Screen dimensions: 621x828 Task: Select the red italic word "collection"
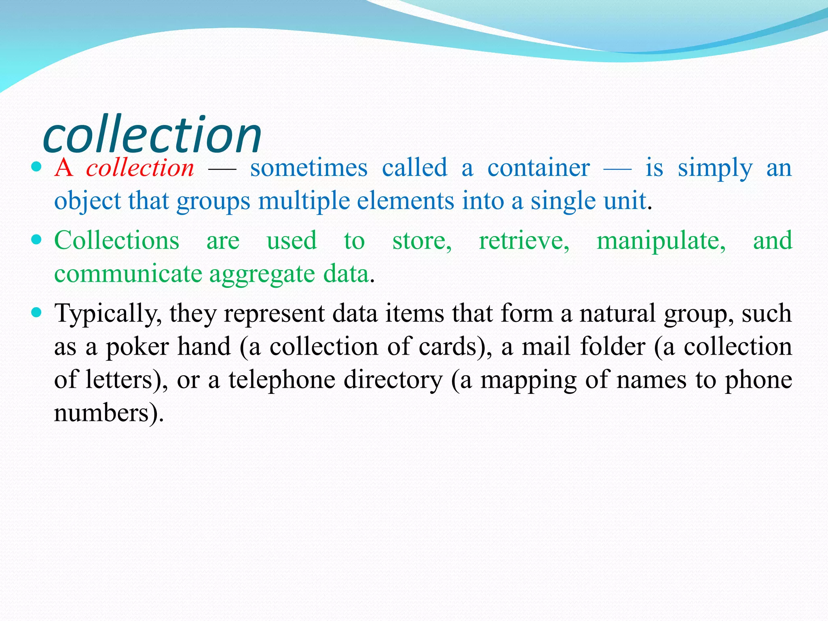tap(140, 168)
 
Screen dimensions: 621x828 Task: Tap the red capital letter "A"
tap(64, 168)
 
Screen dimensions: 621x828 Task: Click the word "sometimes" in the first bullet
tap(309, 168)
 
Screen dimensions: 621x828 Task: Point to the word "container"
tap(538, 168)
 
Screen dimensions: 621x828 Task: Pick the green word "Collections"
tap(117, 241)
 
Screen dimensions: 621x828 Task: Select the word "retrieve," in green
tap(524, 241)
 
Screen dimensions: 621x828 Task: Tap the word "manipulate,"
tap(661, 241)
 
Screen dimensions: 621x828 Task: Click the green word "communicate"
tap(128, 274)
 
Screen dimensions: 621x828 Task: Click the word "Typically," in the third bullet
tap(108, 314)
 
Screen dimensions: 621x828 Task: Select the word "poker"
tap(137, 347)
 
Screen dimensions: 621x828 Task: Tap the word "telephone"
tap(282, 380)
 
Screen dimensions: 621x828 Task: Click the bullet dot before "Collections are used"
tap(36, 240)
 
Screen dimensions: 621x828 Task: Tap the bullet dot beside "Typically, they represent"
tap(36, 313)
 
